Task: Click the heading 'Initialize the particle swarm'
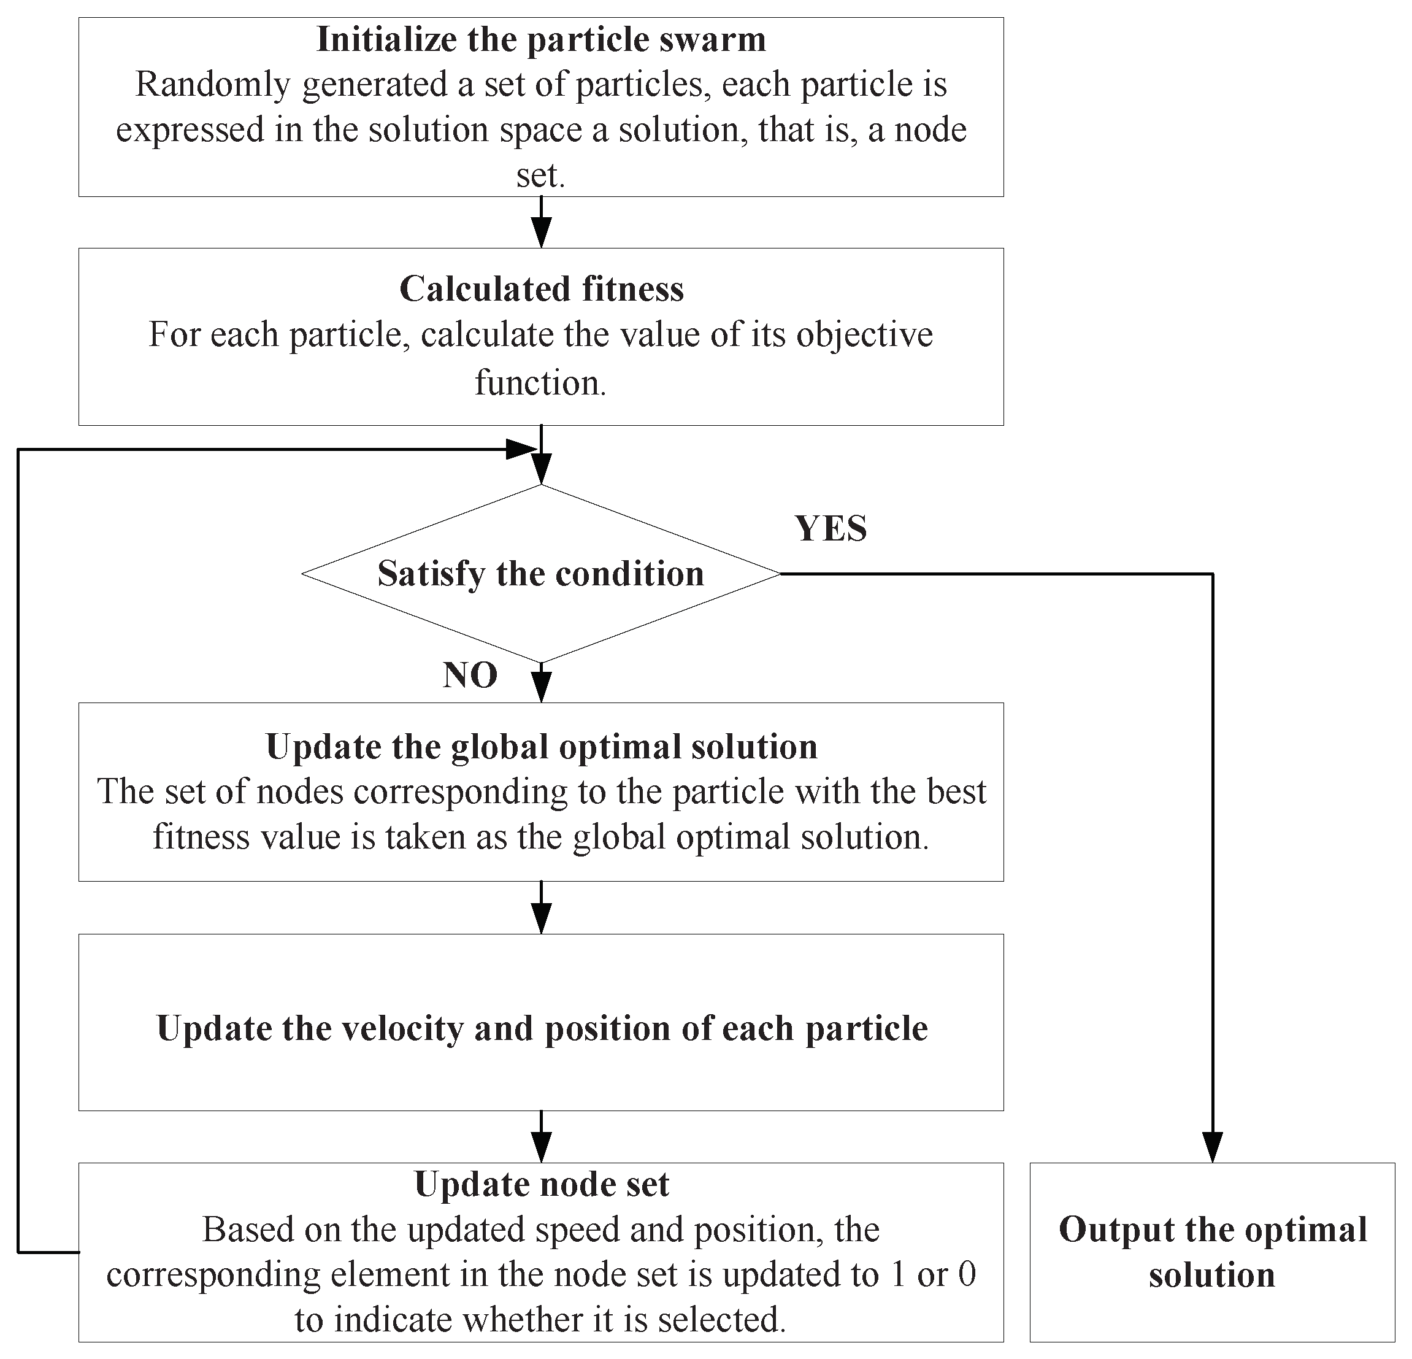pyautogui.click(x=540, y=40)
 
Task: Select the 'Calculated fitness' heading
pyautogui.click(x=541, y=289)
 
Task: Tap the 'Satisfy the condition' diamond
pyautogui.click(x=540, y=574)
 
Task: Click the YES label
pyautogui.click(x=831, y=529)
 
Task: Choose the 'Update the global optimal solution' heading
pyautogui.click(x=541, y=747)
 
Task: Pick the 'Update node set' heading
pyautogui.click(x=541, y=1185)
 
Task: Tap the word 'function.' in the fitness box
pyautogui.click(x=540, y=383)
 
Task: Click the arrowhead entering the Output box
pyautogui.click(x=1213, y=1147)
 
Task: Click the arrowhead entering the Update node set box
pyautogui.click(x=541, y=1147)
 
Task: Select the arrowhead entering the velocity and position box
pyautogui.click(x=541, y=918)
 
